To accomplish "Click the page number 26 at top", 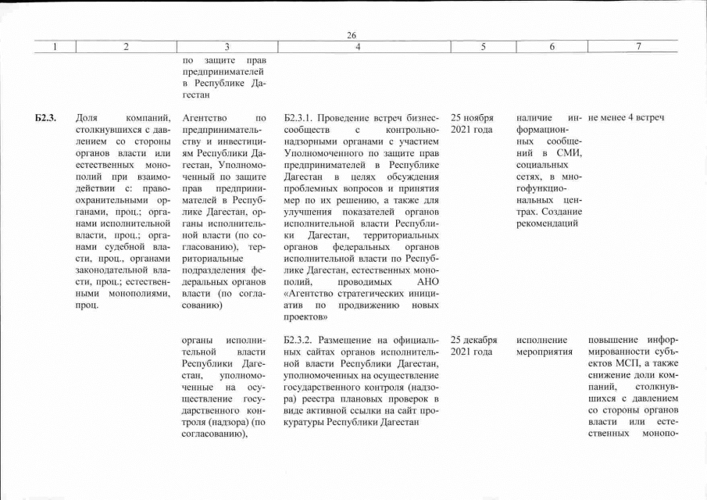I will [352, 34].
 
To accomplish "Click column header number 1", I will [55, 47].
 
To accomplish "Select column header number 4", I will [357, 47].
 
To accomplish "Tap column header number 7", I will [638, 47].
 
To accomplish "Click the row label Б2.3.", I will [46, 118].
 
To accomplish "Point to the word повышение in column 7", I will [614, 341].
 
